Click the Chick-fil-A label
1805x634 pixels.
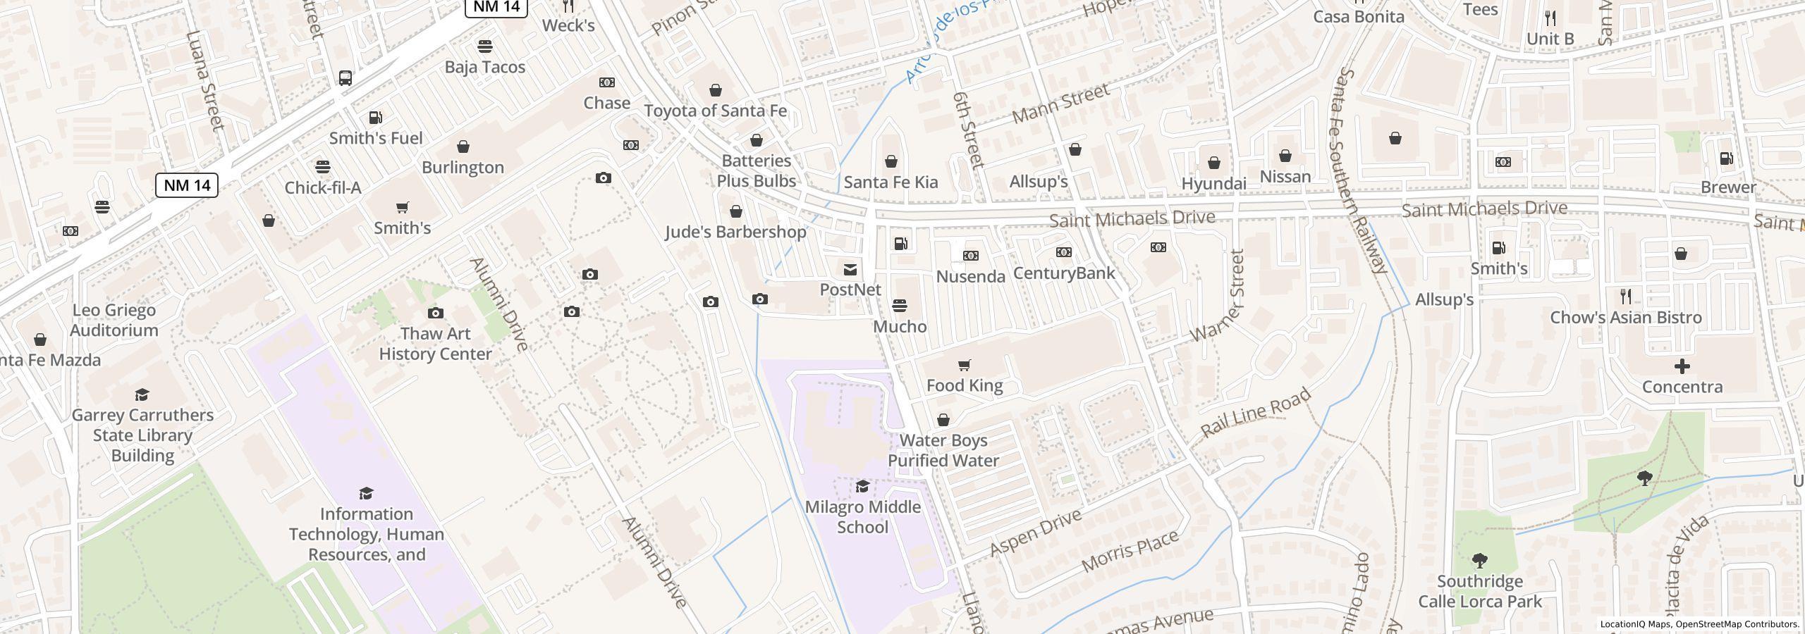coord(323,188)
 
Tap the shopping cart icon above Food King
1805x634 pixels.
coord(964,365)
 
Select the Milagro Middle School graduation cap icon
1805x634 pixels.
coord(862,487)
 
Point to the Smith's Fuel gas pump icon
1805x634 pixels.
coord(376,118)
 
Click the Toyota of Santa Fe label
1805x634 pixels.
coord(716,111)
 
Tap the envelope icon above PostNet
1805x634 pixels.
coord(850,269)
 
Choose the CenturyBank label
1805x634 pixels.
coord(1063,273)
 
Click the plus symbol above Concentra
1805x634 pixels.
coord(1682,366)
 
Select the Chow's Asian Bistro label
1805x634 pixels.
coord(1625,318)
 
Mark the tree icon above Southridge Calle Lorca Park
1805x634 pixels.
coord(1480,561)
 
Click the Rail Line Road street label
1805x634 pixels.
coord(1256,412)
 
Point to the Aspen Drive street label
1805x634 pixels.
coord(1035,533)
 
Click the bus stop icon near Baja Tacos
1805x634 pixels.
coord(345,77)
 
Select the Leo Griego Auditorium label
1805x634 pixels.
coord(114,321)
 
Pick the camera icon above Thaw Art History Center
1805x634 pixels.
coord(436,313)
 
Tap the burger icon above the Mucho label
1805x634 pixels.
coord(899,306)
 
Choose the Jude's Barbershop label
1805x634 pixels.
coord(735,232)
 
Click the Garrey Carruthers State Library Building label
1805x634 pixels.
coord(142,435)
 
